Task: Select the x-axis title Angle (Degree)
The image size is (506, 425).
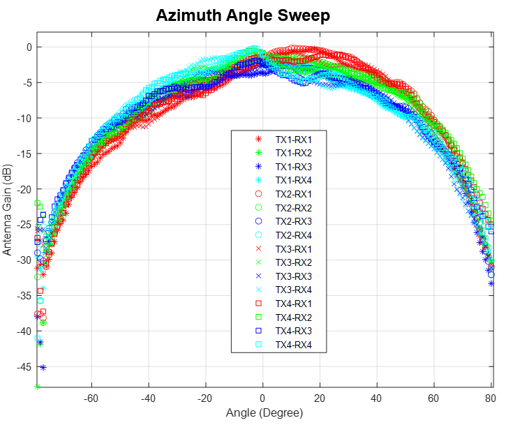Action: coord(264,413)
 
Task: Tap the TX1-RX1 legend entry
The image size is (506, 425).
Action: coord(294,139)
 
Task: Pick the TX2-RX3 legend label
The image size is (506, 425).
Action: coord(294,221)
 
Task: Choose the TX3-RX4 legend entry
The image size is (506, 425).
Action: coord(294,290)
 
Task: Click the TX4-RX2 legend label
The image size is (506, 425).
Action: coord(294,318)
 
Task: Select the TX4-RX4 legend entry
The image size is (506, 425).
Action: coord(294,345)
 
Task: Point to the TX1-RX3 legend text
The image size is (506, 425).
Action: coord(294,166)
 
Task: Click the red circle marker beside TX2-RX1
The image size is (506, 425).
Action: coord(258,193)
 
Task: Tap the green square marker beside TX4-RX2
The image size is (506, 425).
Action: coord(258,318)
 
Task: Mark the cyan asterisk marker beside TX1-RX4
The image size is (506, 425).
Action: coord(258,180)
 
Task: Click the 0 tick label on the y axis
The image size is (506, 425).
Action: coord(29,47)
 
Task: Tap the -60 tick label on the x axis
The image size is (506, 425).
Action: coord(91,398)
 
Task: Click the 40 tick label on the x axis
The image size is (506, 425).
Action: coord(377,398)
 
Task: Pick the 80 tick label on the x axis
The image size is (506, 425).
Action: coord(490,398)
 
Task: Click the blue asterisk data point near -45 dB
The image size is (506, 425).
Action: coord(43,367)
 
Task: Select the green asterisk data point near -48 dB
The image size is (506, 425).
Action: coord(37,386)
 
